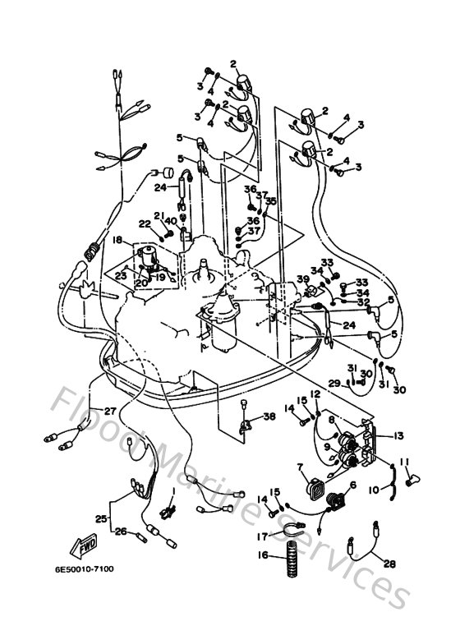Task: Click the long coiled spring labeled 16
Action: (290, 564)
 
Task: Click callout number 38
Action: (270, 416)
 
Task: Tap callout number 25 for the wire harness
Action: (100, 519)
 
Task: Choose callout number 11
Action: (403, 462)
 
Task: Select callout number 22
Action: (145, 224)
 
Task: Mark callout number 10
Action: (375, 490)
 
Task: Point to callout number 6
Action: (353, 485)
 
